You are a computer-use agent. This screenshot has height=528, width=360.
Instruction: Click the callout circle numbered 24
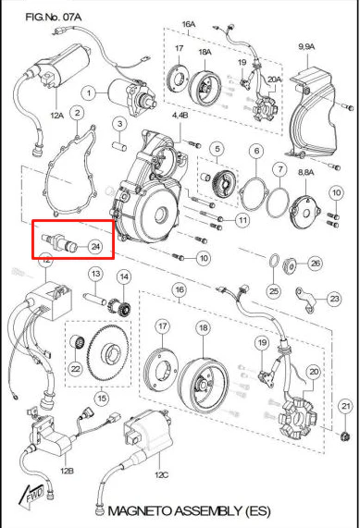tap(95, 247)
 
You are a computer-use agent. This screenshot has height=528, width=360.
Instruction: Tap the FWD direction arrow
tap(32, 496)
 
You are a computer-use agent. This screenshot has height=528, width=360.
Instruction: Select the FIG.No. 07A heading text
tap(54, 17)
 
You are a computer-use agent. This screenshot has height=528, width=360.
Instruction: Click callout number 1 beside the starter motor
tap(89, 92)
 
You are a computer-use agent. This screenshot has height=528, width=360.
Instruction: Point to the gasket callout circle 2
tap(77, 113)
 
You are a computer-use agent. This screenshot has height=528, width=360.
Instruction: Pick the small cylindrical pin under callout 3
tap(119, 147)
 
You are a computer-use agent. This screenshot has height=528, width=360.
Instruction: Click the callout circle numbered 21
tap(346, 406)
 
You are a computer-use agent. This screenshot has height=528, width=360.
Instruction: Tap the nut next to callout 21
tap(344, 436)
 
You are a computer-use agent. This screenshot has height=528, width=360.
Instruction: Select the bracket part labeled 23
tap(305, 298)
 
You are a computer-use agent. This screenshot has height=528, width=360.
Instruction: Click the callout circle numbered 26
tap(316, 263)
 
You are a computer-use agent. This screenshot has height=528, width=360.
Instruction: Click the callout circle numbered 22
tap(76, 369)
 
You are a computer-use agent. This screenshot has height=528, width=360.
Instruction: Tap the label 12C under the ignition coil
tap(161, 474)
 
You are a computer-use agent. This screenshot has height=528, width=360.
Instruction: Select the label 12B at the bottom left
tap(67, 471)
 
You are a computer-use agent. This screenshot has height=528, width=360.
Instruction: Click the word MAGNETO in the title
tap(139, 510)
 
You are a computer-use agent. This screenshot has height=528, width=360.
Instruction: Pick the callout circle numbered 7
tap(280, 170)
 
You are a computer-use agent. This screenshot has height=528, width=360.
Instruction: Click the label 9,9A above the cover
tap(306, 46)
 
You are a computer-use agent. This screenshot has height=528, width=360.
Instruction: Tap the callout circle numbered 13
tap(96, 274)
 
